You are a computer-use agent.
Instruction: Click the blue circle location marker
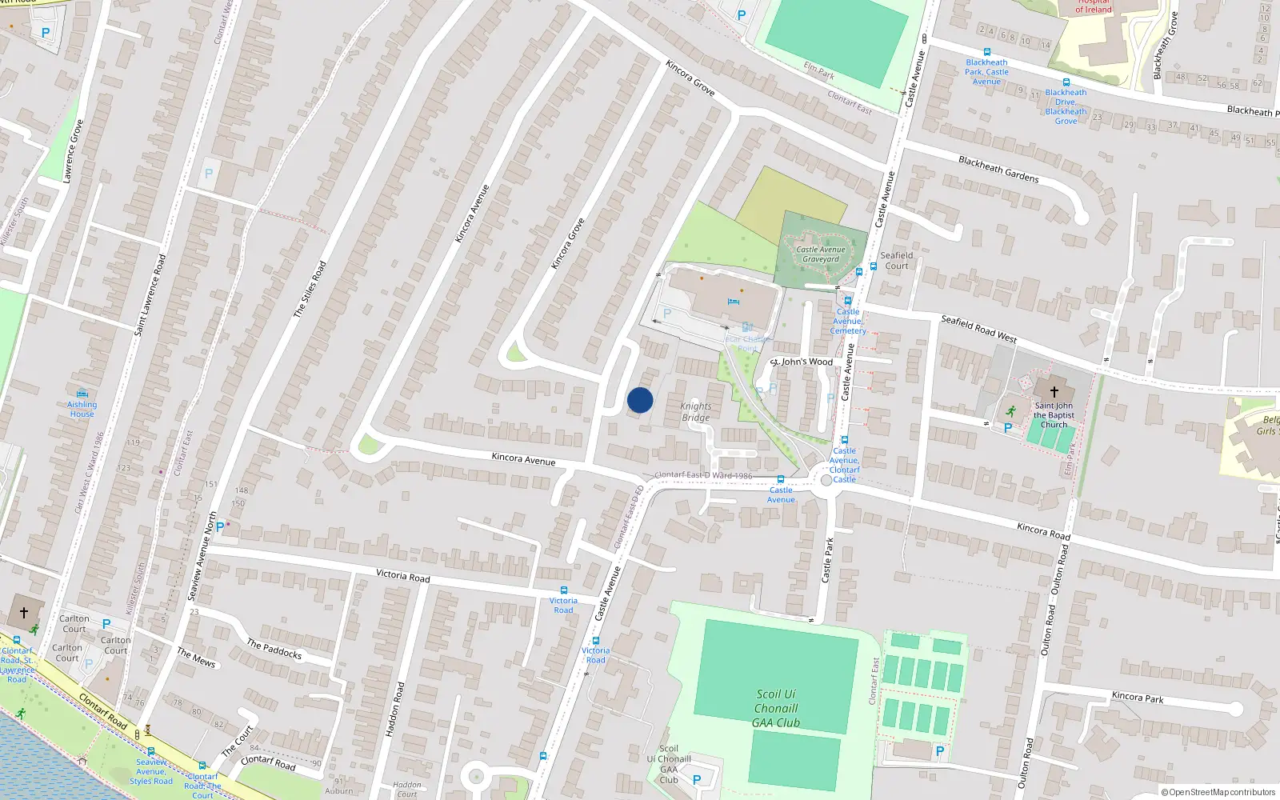tap(640, 400)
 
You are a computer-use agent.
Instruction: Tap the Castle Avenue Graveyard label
tap(821, 254)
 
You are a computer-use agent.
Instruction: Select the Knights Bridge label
tap(696, 412)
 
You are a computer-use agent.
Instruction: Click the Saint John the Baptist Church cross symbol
tap(1054, 392)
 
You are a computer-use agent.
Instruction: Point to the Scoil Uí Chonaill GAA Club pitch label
tap(776, 708)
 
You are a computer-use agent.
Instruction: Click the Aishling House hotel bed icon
tap(82, 394)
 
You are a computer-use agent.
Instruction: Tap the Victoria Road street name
tap(402, 575)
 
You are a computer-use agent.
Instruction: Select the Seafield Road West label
tap(978, 328)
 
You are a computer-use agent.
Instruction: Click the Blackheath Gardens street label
tap(998, 169)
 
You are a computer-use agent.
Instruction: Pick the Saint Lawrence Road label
tap(150, 294)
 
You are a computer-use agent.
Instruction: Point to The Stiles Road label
tap(310, 289)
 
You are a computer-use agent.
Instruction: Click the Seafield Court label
tap(896, 261)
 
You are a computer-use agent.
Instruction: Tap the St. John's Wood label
tap(802, 362)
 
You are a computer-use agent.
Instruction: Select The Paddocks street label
tap(274, 649)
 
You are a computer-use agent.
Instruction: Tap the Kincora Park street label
tap(1138, 697)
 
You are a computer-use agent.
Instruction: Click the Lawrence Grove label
tap(73, 151)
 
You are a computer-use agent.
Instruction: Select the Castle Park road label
tap(828, 560)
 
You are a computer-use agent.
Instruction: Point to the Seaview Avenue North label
tap(202, 556)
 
